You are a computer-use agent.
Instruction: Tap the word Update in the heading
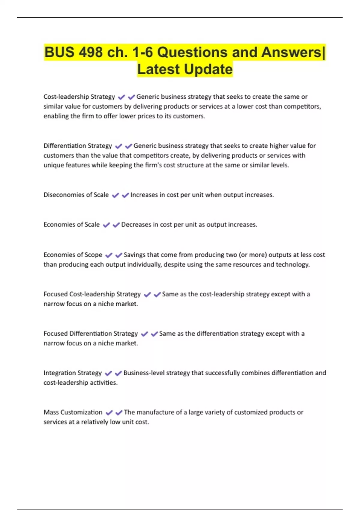tap(208, 69)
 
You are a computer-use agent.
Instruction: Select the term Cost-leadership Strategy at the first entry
tap(79, 97)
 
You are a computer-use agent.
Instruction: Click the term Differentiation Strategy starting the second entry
tap(78, 146)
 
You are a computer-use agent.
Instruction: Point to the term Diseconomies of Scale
tap(76, 195)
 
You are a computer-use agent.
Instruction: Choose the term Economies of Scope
tap(73, 255)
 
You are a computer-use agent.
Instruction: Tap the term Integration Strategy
tap(73, 373)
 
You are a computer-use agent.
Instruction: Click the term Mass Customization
tap(73, 412)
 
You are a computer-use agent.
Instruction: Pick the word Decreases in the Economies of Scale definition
tap(136, 225)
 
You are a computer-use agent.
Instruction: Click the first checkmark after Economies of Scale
tap(106, 225)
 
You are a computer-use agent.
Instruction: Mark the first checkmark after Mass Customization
tap(109, 412)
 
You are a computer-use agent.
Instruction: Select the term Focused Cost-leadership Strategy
tap(92, 294)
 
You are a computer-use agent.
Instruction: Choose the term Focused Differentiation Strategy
tap(91, 334)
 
